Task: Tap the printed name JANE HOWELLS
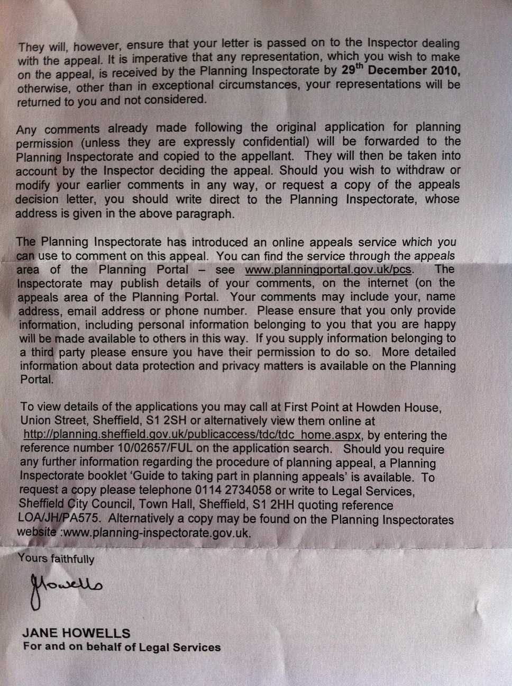click(76, 633)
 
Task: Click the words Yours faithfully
click(56, 558)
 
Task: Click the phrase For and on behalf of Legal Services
click(122, 647)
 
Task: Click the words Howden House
click(399, 407)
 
